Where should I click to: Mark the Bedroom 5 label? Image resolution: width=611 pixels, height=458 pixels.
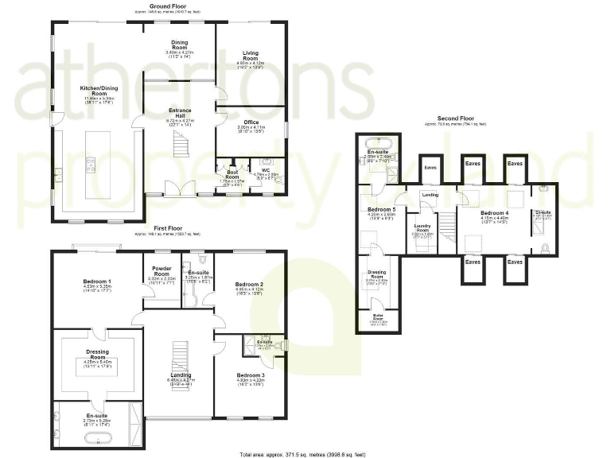point(382,211)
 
